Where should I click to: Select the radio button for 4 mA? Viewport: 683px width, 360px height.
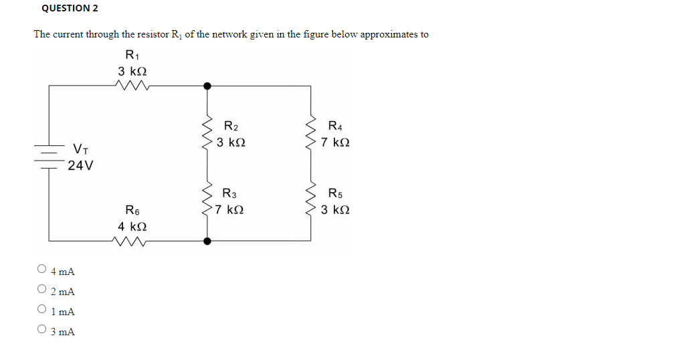42,270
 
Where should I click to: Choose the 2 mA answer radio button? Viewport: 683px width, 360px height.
42,290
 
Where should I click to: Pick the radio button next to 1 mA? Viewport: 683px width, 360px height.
42,310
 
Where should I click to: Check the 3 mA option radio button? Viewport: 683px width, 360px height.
42,330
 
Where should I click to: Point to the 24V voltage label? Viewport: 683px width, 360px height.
80,165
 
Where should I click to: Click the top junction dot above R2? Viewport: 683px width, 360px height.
207,85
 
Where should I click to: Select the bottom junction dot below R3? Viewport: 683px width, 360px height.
207,241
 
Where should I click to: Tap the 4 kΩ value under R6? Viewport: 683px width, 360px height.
132,227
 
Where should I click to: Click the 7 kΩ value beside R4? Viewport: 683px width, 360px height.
334,143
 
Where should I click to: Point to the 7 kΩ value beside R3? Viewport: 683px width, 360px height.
229,210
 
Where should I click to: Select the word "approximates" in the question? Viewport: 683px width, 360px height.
389,35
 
